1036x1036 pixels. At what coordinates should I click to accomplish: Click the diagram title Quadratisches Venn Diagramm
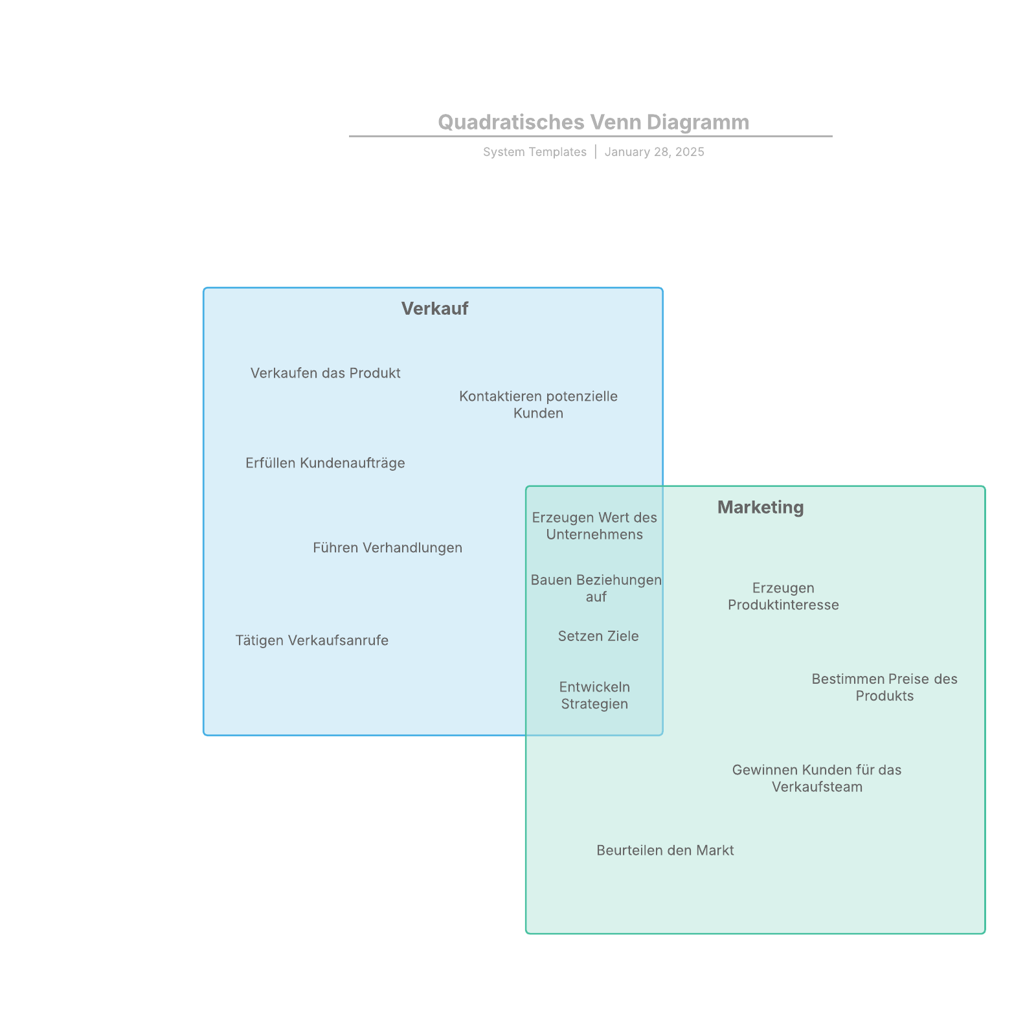593,122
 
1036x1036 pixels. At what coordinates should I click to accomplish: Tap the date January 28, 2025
654,152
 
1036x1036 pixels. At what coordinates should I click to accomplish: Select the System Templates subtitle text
534,152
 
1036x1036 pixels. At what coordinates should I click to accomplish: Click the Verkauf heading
434,308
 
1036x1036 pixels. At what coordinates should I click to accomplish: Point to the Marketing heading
760,507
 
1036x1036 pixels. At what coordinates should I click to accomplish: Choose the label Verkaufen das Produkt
325,373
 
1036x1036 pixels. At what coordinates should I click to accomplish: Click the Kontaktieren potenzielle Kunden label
538,405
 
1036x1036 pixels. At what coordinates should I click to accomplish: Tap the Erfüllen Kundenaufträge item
325,463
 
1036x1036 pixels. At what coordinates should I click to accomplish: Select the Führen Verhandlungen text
387,548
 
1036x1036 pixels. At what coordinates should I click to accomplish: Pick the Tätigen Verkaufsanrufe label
311,640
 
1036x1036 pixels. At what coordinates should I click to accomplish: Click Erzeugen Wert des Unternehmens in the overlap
594,526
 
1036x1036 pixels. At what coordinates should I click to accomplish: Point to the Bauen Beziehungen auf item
596,588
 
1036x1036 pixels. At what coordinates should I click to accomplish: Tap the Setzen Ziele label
598,636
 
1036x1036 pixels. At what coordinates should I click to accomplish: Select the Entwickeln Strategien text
594,695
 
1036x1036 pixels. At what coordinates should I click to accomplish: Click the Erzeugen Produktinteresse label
783,596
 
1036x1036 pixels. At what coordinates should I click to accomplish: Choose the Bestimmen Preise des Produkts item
884,687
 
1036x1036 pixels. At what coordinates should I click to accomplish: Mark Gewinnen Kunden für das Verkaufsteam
816,778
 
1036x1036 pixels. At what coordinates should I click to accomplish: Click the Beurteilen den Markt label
665,850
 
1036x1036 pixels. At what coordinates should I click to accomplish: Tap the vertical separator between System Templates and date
596,152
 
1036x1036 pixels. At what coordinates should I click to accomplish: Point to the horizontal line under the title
591,136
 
